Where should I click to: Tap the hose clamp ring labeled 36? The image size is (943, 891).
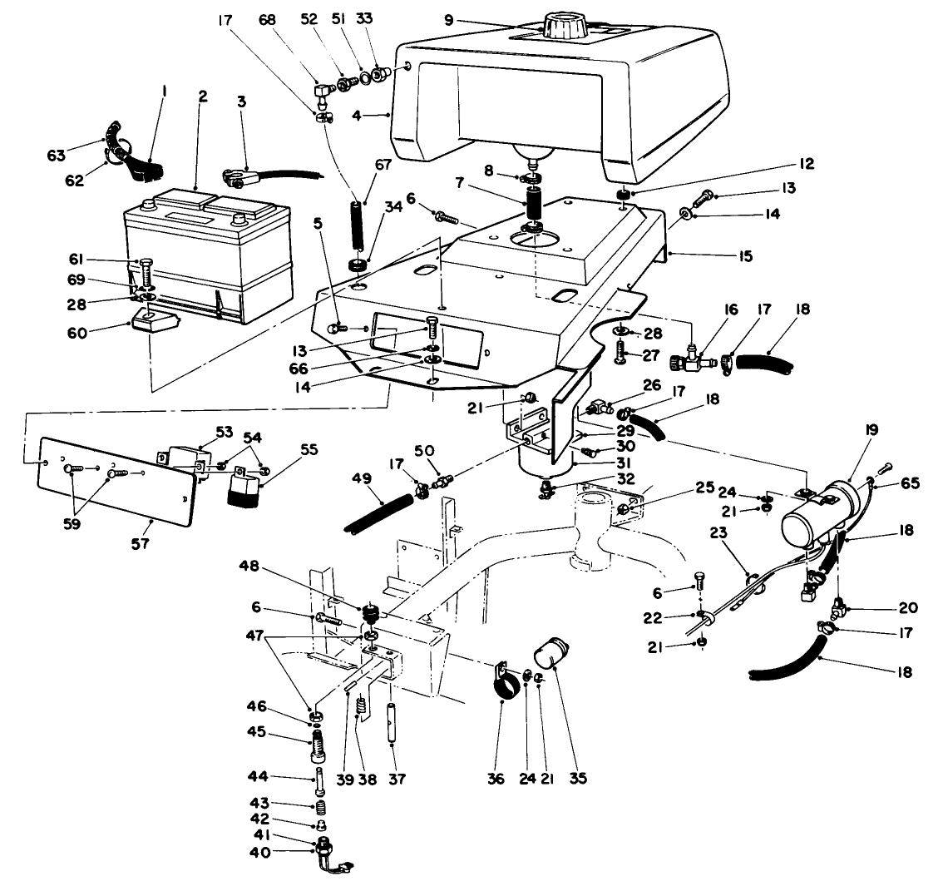[505, 689]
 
